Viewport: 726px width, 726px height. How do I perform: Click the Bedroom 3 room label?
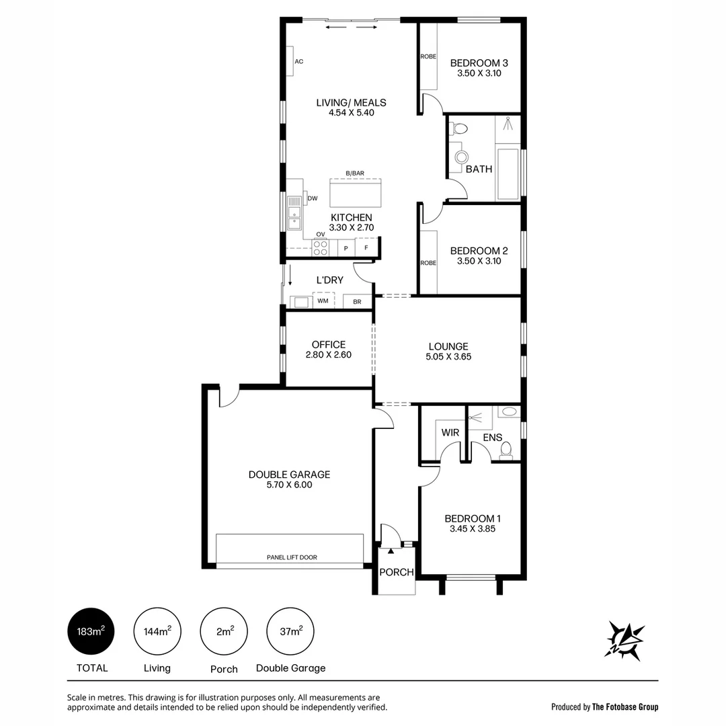(479, 63)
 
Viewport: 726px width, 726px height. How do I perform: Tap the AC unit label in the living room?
(299, 62)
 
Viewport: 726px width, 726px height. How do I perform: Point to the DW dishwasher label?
(313, 198)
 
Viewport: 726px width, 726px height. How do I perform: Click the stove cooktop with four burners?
(321, 247)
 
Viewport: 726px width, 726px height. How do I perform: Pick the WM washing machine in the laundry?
(323, 300)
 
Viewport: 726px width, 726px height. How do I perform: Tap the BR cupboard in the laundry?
(357, 302)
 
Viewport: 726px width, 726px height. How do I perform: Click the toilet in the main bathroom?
(460, 128)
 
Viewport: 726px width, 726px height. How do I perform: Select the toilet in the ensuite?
(506, 448)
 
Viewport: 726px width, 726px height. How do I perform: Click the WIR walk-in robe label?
(450, 432)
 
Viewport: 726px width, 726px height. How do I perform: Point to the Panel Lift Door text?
(292, 557)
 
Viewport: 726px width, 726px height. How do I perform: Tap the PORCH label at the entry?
(396, 572)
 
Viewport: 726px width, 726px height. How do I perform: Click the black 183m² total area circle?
(91, 631)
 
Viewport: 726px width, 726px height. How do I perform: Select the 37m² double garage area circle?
(290, 631)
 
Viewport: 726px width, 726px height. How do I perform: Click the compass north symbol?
(625, 639)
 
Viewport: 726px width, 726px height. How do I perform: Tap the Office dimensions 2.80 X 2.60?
(329, 355)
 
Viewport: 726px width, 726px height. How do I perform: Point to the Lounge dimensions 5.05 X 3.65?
(448, 357)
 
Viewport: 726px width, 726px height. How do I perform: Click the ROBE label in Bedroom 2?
(428, 263)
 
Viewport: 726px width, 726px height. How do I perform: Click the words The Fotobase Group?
(626, 707)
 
